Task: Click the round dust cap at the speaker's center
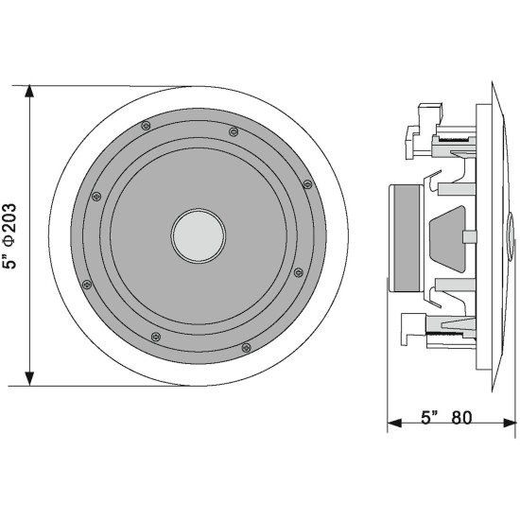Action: [x=198, y=234]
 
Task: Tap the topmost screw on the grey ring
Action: [x=145, y=124]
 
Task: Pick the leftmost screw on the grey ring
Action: [x=95, y=197]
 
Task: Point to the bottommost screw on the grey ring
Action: [x=246, y=346]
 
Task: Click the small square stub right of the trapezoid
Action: [x=467, y=233]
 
